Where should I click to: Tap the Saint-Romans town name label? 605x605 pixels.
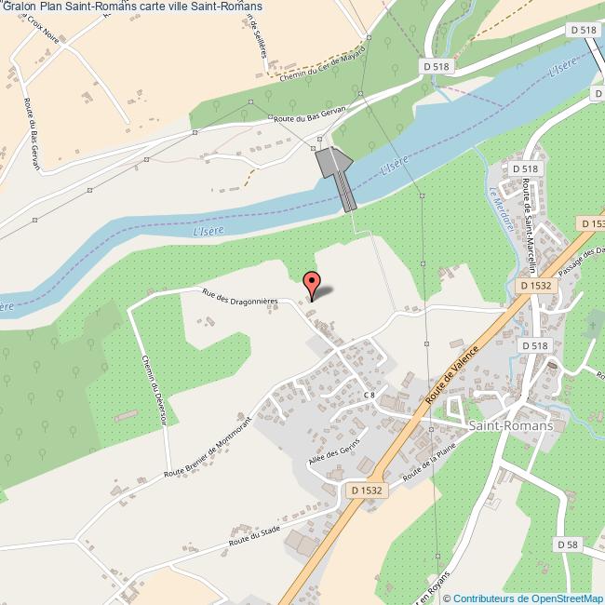511,424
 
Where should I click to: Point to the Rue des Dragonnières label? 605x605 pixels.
241,296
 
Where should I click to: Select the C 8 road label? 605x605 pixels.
370,395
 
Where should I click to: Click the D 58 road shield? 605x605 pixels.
569,544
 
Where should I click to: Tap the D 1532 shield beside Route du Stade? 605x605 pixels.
369,489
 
